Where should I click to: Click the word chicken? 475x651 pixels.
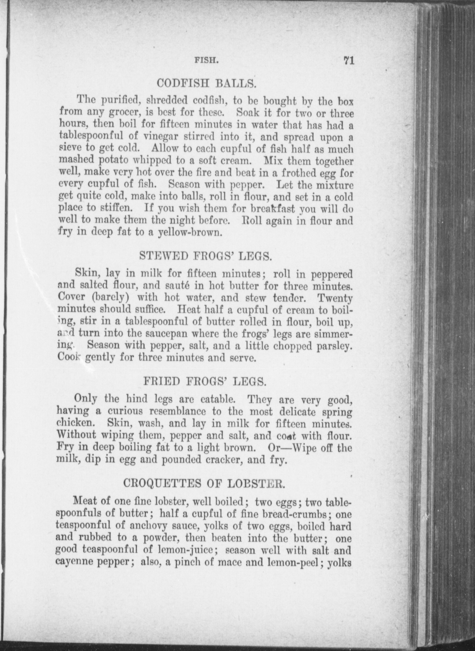[76, 424]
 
